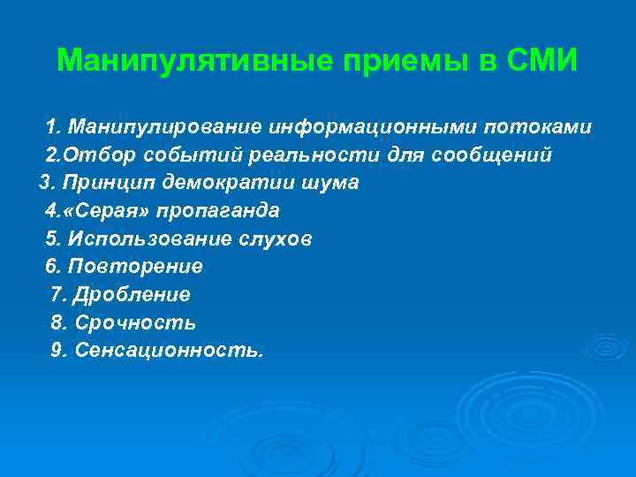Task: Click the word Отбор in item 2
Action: (95, 155)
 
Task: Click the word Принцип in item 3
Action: (102, 183)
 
